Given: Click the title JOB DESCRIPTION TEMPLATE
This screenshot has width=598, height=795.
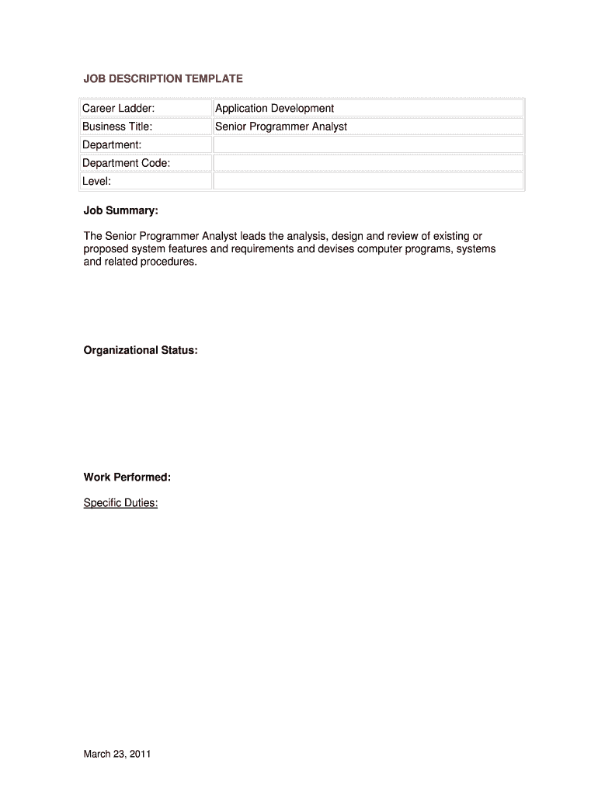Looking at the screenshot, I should click(x=163, y=78).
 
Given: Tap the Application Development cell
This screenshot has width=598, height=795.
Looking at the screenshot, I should click(x=275, y=108).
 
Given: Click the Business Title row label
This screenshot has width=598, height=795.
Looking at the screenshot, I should click(x=117, y=126).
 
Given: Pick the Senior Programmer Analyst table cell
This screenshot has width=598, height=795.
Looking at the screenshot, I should click(x=281, y=126).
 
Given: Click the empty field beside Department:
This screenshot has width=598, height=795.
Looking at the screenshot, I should click(x=368, y=144).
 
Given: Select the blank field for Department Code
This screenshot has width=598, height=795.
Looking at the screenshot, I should click(x=368, y=163).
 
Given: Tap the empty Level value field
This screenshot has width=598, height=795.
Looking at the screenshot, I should click(x=368, y=181).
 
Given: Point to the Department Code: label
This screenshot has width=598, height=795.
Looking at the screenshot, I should click(x=127, y=163).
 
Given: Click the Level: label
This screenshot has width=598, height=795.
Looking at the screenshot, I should click(x=97, y=181).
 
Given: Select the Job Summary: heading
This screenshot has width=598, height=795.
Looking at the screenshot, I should click(x=120, y=210).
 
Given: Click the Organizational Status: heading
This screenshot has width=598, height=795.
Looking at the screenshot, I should click(x=141, y=350).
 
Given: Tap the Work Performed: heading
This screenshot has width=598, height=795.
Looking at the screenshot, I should click(x=127, y=477).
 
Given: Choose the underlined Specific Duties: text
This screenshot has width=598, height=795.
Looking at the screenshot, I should click(x=120, y=502).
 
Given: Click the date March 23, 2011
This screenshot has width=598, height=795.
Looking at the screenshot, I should click(x=117, y=753).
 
